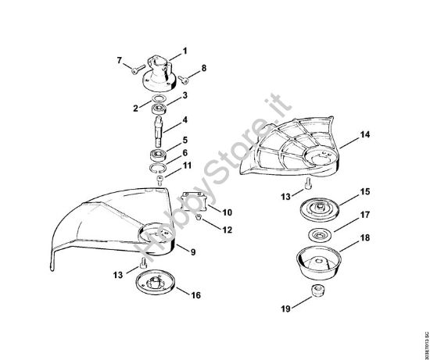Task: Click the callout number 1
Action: pos(185,51)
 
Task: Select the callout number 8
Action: pos(204,69)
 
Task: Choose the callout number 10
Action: pos(228,212)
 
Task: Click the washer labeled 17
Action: pos(318,234)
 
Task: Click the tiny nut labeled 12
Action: pos(200,220)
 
